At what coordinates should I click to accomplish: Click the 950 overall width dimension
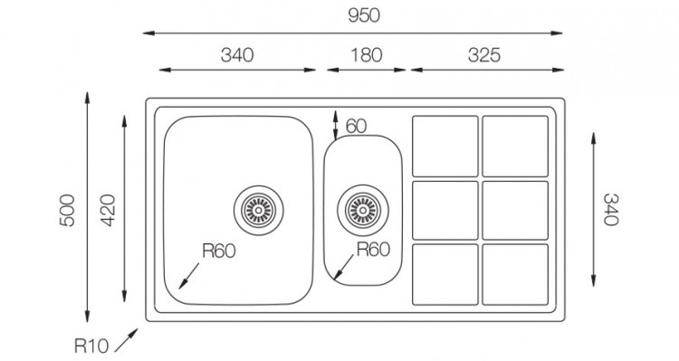click(364, 16)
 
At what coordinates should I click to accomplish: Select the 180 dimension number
click(367, 55)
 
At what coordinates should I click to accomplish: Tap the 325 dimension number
click(483, 55)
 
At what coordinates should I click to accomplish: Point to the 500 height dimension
click(68, 211)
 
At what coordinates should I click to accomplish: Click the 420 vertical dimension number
click(108, 211)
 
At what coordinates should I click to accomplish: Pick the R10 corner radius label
click(91, 347)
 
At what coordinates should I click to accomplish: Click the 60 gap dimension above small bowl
click(357, 127)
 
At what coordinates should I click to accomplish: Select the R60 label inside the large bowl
click(219, 251)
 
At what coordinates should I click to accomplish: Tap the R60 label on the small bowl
click(373, 250)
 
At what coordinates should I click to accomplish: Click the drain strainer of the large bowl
click(259, 211)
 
